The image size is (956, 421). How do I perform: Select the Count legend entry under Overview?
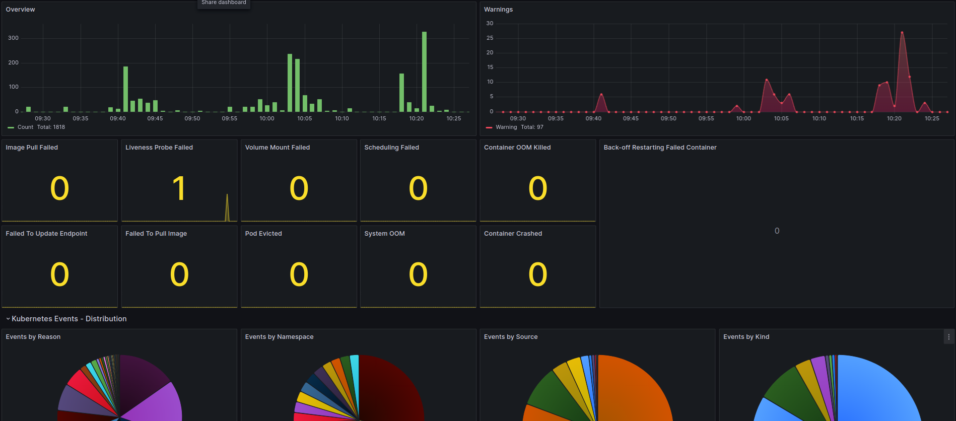pyautogui.click(x=25, y=127)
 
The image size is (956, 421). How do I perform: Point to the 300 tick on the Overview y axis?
pyautogui.click(x=14, y=38)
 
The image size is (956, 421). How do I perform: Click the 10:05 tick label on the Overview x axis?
pyautogui.click(x=304, y=119)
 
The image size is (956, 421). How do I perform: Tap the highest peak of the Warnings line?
pyautogui.click(x=902, y=33)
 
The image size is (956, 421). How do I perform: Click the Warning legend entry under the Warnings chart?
pyautogui.click(x=506, y=127)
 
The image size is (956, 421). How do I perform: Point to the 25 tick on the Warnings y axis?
pyautogui.click(x=490, y=38)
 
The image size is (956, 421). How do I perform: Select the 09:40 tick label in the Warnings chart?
pyautogui.click(x=593, y=119)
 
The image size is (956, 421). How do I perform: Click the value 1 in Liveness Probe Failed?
pyautogui.click(x=179, y=189)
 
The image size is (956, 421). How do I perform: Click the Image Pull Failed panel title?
pyautogui.click(x=32, y=148)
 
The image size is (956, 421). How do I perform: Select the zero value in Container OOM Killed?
pyautogui.click(x=537, y=189)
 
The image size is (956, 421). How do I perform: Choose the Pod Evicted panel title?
pyautogui.click(x=263, y=234)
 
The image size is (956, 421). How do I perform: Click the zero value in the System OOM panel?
pyautogui.click(x=418, y=275)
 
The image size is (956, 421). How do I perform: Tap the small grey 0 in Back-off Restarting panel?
pyautogui.click(x=777, y=231)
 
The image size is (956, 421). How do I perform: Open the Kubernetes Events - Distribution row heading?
pyautogui.click(x=69, y=319)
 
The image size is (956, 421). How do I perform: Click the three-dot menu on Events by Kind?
pyautogui.click(x=948, y=337)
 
